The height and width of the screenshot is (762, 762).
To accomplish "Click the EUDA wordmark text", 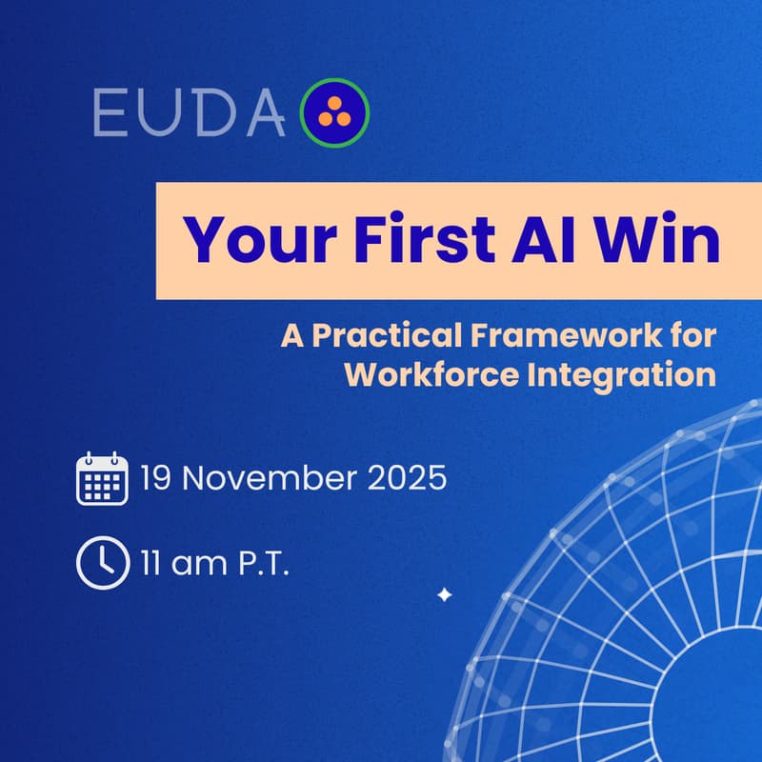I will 190,113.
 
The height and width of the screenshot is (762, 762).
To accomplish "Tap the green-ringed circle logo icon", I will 334,113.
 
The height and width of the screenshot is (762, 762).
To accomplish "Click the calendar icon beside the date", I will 101,478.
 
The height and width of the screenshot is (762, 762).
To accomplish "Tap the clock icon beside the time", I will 101,564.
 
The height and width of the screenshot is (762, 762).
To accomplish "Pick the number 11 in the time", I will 152,564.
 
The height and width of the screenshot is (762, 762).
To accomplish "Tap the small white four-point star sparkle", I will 443,595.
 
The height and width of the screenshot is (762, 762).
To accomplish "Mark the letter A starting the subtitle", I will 291,336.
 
